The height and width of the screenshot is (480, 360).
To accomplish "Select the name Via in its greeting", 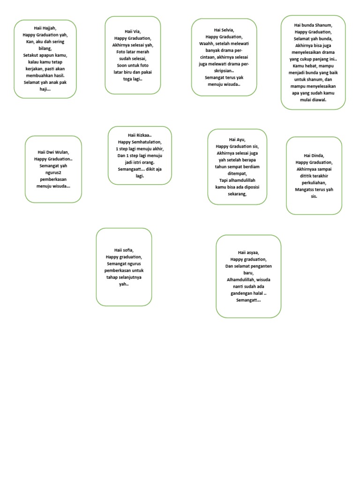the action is click(x=136, y=31).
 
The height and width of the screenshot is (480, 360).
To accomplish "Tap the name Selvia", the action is click(x=227, y=30).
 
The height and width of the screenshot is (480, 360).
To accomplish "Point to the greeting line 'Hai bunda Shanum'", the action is click(x=313, y=25).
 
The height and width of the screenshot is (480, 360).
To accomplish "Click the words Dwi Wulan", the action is click(x=57, y=152).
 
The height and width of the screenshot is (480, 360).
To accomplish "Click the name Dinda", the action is click(x=317, y=156).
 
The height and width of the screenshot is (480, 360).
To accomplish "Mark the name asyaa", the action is click(x=254, y=253).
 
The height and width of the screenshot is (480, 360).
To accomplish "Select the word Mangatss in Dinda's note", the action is click(x=306, y=189).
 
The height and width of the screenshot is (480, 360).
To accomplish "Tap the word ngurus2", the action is click(x=53, y=172).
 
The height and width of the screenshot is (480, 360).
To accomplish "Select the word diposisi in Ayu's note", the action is click(x=251, y=187).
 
